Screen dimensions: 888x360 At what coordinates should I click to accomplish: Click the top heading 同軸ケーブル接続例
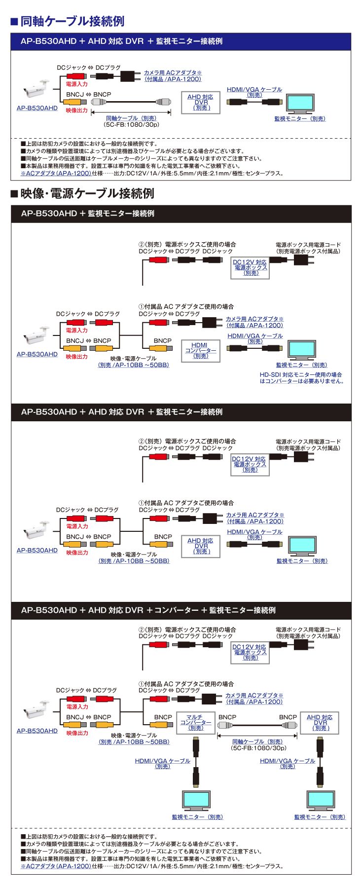[72, 21]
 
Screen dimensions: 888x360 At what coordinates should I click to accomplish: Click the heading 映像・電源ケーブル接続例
[87, 193]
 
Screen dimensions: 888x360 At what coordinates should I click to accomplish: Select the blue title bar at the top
[180, 41]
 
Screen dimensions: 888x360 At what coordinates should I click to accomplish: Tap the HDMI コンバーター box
[200, 350]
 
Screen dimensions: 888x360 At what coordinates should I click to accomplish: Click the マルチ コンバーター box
[196, 723]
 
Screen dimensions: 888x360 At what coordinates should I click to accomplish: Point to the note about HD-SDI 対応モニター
[301, 378]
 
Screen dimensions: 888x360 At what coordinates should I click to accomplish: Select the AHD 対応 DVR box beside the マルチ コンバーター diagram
[320, 723]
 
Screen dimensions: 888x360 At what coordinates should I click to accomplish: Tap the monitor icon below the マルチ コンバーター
[196, 800]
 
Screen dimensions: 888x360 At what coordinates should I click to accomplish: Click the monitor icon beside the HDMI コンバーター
[302, 350]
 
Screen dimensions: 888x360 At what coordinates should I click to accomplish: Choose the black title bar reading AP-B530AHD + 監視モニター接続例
[180, 214]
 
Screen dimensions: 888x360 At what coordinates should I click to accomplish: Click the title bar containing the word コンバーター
[180, 610]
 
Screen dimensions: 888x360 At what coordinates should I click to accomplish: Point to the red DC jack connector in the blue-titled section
[76, 76]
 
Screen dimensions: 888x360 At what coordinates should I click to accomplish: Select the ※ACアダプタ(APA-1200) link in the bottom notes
[56, 866]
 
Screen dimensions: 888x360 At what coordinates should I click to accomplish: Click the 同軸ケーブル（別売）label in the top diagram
[131, 118]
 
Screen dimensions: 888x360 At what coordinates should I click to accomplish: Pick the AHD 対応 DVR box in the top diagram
[200, 103]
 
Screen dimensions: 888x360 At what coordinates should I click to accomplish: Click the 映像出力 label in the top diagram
[77, 111]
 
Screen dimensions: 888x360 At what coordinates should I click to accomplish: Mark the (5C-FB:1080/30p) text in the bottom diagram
[258, 748]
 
